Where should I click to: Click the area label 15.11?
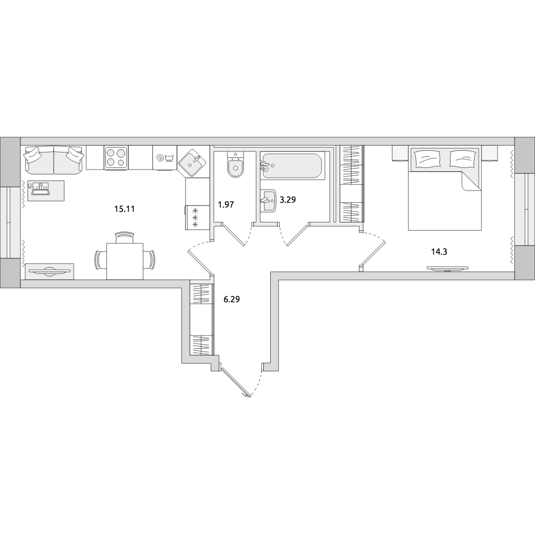point(124,209)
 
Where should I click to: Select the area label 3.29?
point(288,200)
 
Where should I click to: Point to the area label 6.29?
point(232,300)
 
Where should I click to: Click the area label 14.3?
point(439,252)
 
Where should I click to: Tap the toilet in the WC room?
point(235,165)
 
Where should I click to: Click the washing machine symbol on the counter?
point(165,158)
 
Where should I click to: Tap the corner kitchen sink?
point(193,163)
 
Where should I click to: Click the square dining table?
point(125,261)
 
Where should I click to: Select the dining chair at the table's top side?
point(125,237)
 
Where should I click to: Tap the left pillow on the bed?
point(425,159)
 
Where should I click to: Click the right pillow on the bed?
point(462,159)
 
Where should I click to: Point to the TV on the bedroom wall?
point(448,269)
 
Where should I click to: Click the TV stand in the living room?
point(49,271)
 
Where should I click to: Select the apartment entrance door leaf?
point(236,382)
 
